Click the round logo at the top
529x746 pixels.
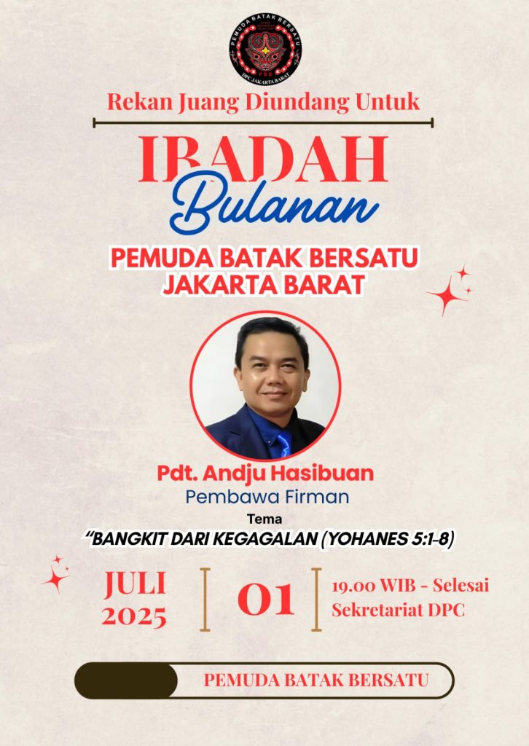[265, 49]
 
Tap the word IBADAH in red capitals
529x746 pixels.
[264, 160]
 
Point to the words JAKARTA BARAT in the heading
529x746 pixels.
[264, 285]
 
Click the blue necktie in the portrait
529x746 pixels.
[284, 444]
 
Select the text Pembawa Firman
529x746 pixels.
[267, 497]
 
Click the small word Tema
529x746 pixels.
[264, 519]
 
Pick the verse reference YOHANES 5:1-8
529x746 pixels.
[388, 538]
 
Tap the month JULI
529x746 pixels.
[135, 584]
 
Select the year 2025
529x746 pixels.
[134, 616]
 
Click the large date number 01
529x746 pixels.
[265, 600]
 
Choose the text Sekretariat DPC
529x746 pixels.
[398, 610]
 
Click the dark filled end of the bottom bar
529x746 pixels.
[126, 681]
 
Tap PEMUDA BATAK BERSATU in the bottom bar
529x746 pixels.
[316, 680]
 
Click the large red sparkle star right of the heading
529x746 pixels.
[445, 296]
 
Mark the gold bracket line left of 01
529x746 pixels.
[205, 600]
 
